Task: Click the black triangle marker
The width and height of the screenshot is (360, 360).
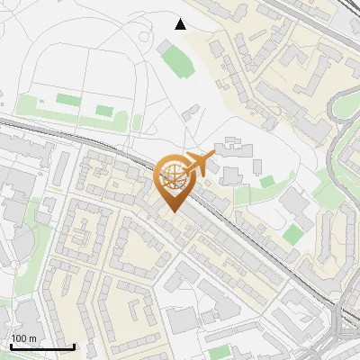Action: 181,23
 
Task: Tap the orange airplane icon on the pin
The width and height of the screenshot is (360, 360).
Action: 199,164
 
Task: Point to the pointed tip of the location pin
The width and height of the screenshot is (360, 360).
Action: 170,211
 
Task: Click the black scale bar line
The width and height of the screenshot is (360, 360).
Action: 41,346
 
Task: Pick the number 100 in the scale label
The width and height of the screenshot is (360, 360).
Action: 20,338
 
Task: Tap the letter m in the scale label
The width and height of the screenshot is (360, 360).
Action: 32,338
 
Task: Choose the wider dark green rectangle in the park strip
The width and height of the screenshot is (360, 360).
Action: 67,99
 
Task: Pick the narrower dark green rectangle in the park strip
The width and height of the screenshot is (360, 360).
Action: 105,111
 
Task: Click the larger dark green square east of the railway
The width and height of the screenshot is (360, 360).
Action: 292,235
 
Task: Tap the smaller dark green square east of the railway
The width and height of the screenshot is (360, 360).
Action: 267,182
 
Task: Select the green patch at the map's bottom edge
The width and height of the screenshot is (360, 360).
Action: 220,352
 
